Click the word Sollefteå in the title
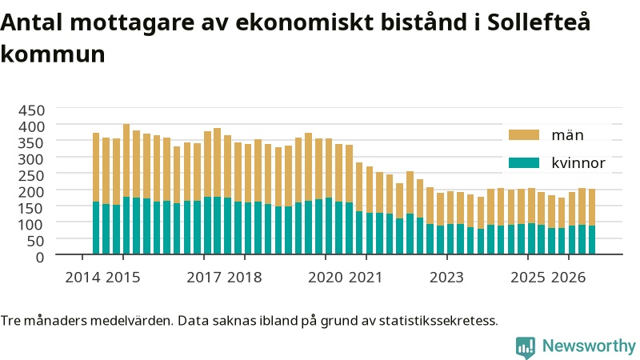538,22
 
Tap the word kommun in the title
53,54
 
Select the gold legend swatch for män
524,135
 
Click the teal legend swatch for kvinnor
524,163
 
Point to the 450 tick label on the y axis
31,110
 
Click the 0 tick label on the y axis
39,257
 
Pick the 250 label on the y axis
31,175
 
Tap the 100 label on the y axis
31,225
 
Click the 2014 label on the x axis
82,278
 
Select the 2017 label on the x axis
204,278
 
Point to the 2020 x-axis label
326,278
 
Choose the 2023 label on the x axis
446,278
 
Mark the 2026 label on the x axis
568,278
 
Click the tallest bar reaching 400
126,189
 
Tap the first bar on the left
96,194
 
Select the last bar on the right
591,222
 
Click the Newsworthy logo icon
526,347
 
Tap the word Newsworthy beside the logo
589,346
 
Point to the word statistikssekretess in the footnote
438,321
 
